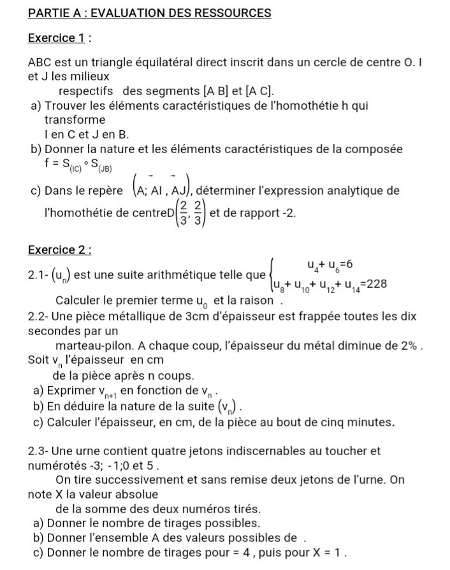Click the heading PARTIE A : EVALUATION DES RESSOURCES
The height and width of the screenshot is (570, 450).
[150, 13]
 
